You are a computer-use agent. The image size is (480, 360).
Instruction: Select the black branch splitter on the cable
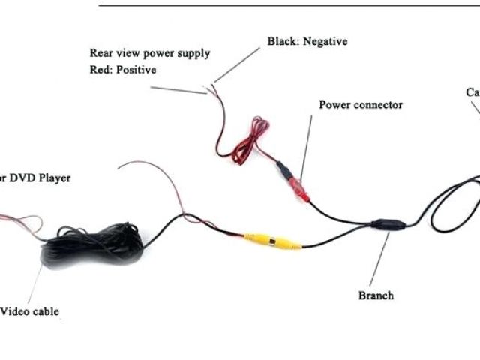click(389, 224)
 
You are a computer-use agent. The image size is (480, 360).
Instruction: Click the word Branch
click(376, 295)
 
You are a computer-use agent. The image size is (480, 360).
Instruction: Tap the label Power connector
click(361, 105)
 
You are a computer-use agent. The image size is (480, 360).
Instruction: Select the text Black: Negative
click(307, 42)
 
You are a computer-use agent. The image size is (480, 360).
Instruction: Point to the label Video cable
click(29, 311)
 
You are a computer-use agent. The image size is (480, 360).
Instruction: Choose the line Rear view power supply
click(150, 53)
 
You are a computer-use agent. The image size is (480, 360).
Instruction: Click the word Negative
click(325, 42)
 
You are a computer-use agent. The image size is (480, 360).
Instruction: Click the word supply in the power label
click(194, 54)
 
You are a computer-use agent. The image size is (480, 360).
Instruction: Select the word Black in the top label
click(283, 42)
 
